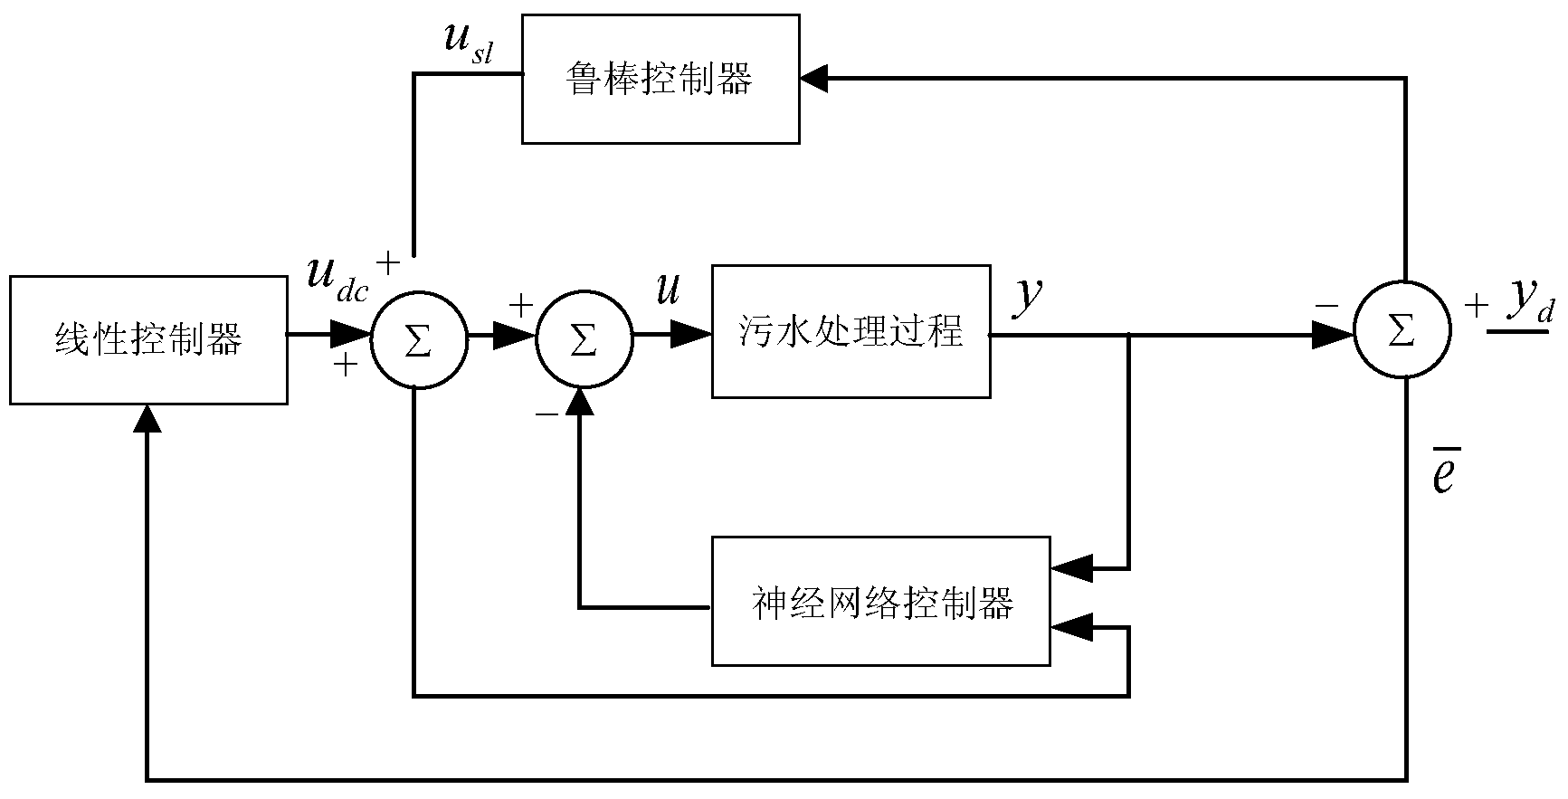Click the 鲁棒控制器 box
(660, 79)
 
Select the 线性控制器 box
(149, 340)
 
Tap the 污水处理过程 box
(851, 331)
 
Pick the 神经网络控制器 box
(880, 602)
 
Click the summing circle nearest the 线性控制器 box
(417, 338)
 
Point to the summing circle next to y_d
(1402, 333)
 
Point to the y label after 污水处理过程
(1028, 296)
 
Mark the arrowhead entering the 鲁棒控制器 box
(814, 80)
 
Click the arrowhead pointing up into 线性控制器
(147, 417)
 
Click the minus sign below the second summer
(546, 414)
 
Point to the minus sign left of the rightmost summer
(1326, 306)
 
